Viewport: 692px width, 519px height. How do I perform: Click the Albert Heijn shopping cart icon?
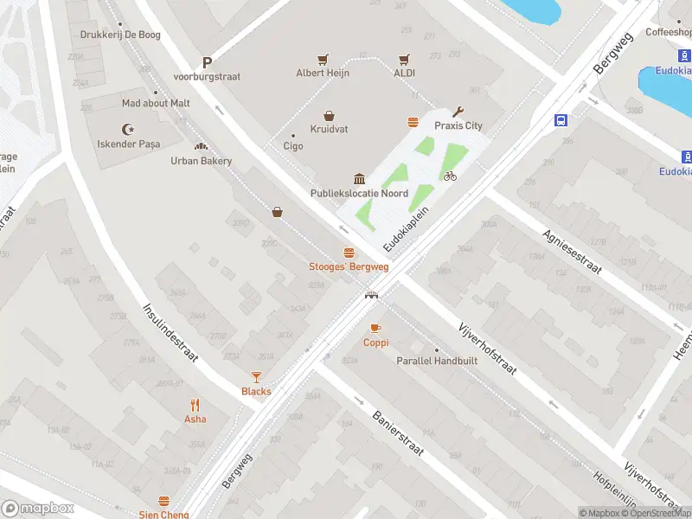tap(323, 60)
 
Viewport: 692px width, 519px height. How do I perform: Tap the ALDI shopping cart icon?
tap(404, 60)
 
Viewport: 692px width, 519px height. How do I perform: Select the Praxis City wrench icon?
tap(458, 112)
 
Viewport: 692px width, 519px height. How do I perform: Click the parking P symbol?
tap(207, 62)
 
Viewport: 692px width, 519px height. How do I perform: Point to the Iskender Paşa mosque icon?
tap(129, 129)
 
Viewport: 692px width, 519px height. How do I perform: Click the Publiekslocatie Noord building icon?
tap(359, 179)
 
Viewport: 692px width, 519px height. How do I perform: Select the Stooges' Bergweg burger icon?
tap(349, 253)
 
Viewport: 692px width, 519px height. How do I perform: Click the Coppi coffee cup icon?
tap(375, 329)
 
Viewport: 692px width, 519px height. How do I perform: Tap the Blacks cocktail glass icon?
tap(256, 377)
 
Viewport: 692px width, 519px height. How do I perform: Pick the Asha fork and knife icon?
tap(195, 405)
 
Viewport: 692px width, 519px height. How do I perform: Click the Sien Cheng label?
tap(163, 514)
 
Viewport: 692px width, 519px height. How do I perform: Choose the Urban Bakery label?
tap(201, 161)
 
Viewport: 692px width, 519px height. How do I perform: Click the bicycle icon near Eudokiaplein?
tap(450, 176)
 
